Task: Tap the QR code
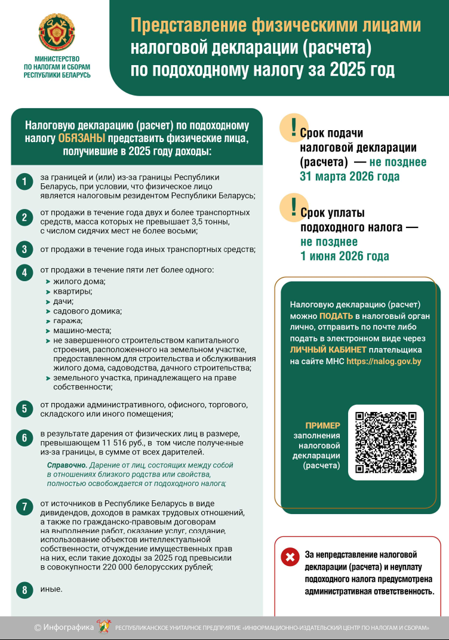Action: tap(385, 442)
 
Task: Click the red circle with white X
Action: tap(290, 558)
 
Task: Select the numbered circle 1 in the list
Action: tap(24, 182)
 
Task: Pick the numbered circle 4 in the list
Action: tap(24, 273)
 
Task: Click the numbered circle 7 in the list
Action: tap(24, 507)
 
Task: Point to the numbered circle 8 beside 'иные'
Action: tap(24, 590)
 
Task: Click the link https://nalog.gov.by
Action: tap(384, 361)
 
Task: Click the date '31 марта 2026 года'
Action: tap(349, 177)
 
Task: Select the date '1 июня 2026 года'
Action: tap(345, 256)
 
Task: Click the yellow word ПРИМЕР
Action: tap(322, 426)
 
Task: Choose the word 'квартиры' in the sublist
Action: tap(72, 291)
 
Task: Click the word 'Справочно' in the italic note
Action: tap(66, 464)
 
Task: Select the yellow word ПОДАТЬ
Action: tap(336, 316)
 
